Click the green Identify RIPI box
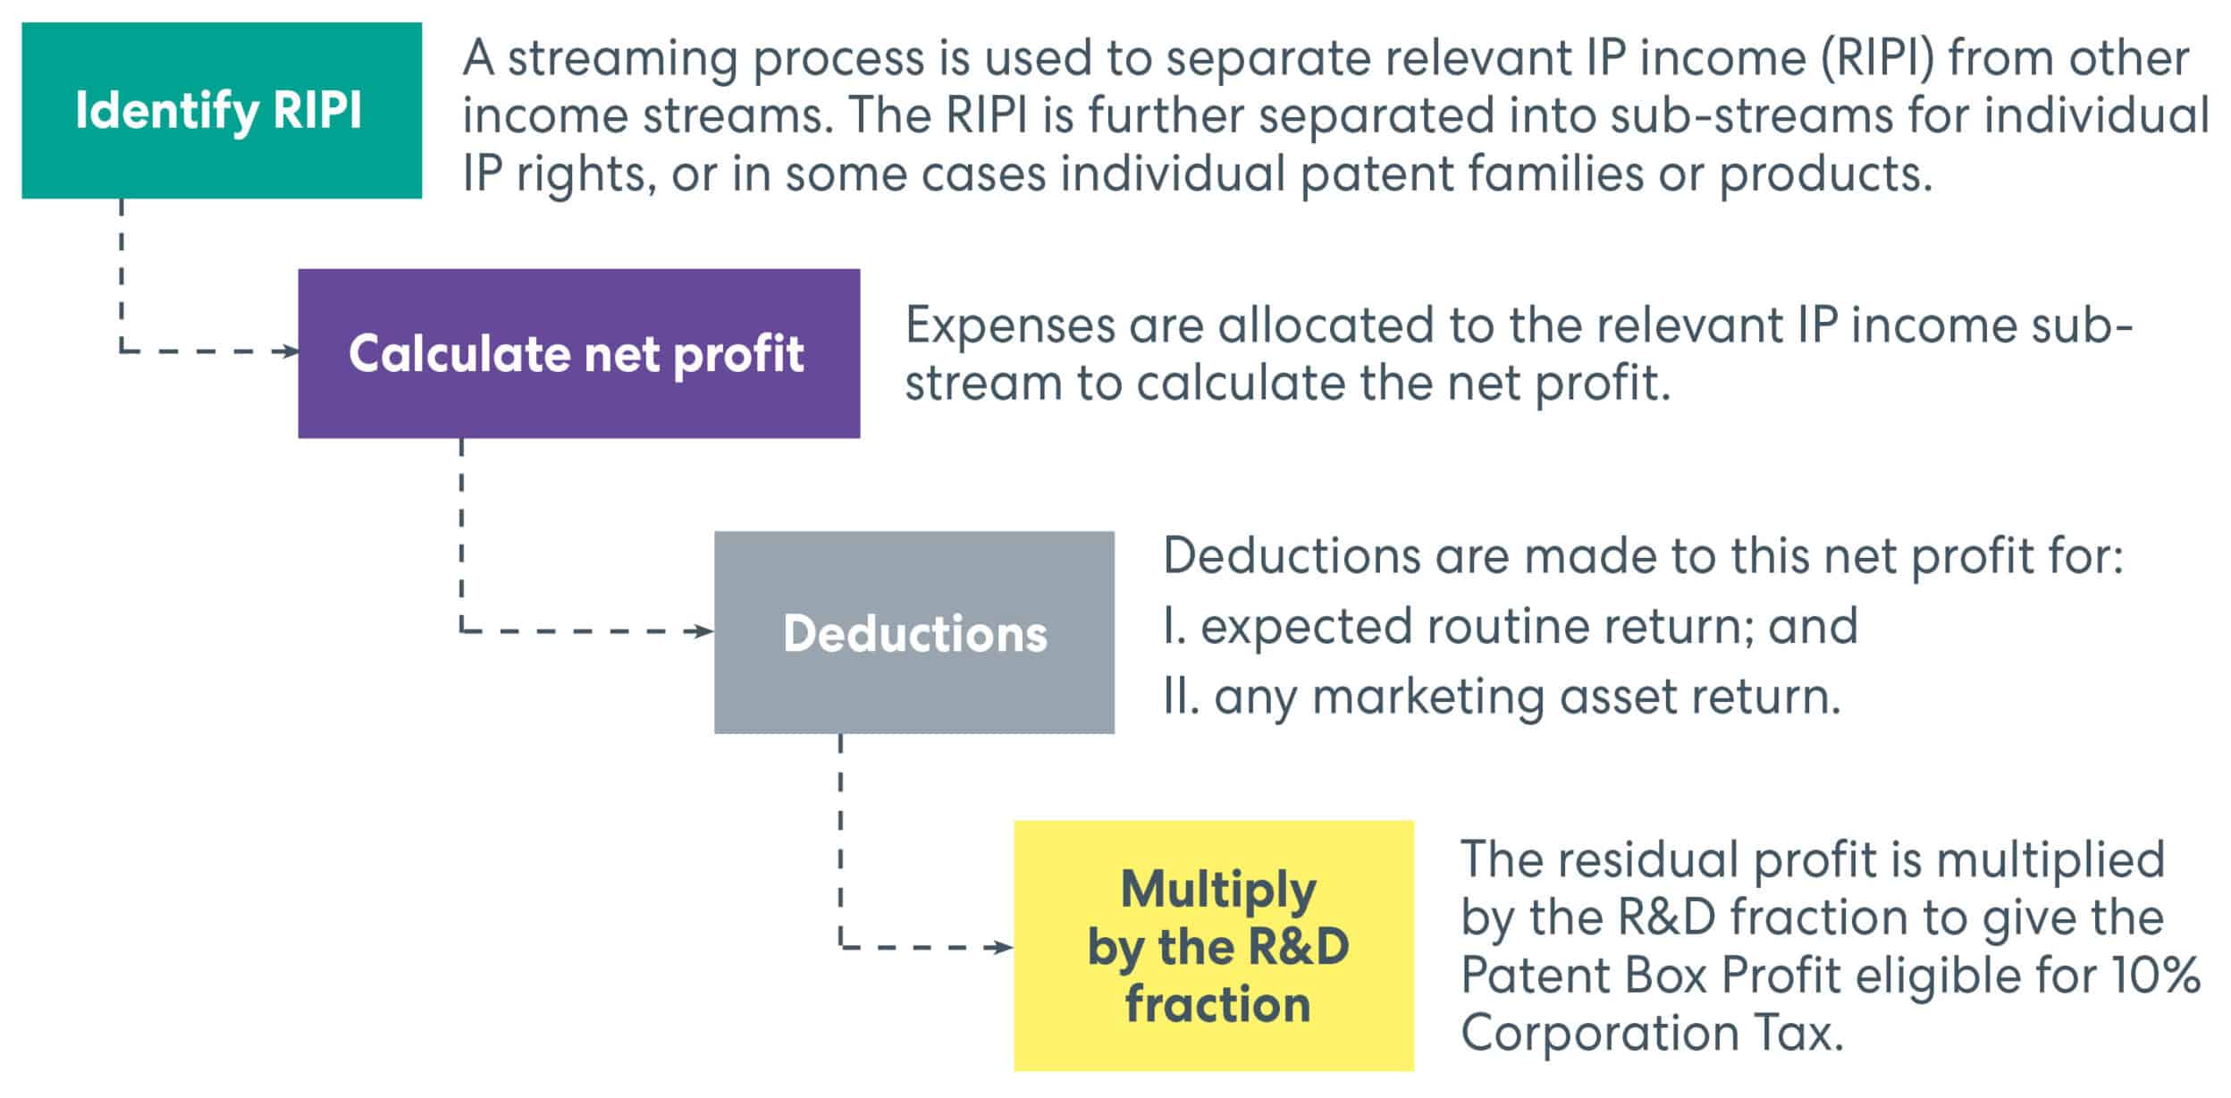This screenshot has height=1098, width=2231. (x=222, y=110)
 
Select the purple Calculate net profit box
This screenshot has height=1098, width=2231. (x=579, y=353)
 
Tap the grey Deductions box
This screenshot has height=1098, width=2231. (x=914, y=632)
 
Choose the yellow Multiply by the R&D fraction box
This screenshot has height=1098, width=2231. (x=1214, y=945)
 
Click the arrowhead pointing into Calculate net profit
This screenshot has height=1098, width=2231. (x=290, y=351)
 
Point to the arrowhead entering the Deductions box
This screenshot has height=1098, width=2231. (x=705, y=631)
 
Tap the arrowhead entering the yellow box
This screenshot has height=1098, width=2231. (x=1005, y=947)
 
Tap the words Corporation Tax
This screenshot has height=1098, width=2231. (x=1653, y=1034)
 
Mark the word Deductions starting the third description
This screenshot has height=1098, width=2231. (x=1292, y=555)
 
